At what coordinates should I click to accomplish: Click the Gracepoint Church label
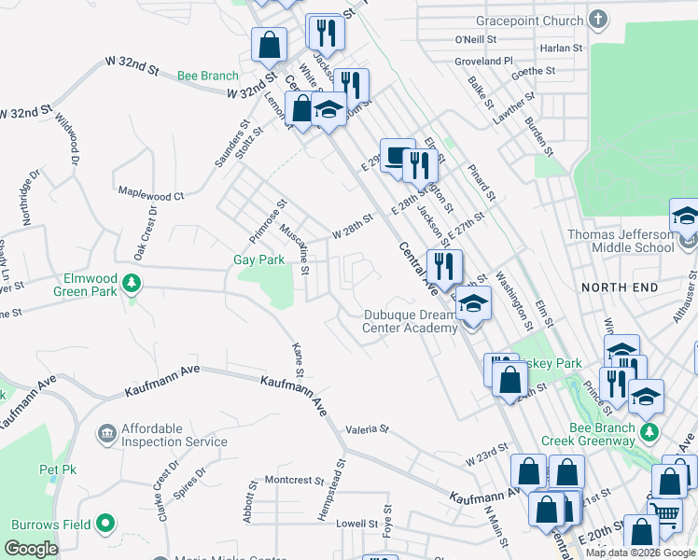point(529,21)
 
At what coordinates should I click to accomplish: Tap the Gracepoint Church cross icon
point(598,20)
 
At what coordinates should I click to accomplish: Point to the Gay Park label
point(258,260)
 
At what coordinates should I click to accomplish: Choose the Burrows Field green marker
point(106,524)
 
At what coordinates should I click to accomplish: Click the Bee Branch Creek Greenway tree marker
point(654,430)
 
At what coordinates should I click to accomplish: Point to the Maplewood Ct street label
point(151,196)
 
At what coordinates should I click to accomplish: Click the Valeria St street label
point(366,429)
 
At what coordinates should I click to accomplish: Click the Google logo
point(32,549)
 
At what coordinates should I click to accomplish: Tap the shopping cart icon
point(664,512)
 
